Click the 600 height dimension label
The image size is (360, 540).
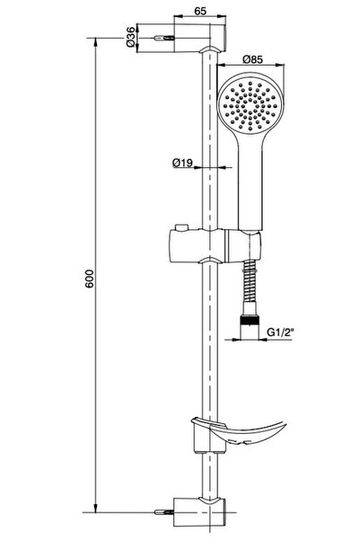[90, 279]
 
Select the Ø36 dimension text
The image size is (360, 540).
[130, 37]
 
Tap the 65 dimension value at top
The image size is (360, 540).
[200, 11]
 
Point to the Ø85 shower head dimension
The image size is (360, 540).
[252, 59]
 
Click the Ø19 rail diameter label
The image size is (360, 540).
[182, 163]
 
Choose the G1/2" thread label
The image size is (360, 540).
[281, 332]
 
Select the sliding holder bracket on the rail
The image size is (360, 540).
[215, 245]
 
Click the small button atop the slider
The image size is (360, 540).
[181, 227]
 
